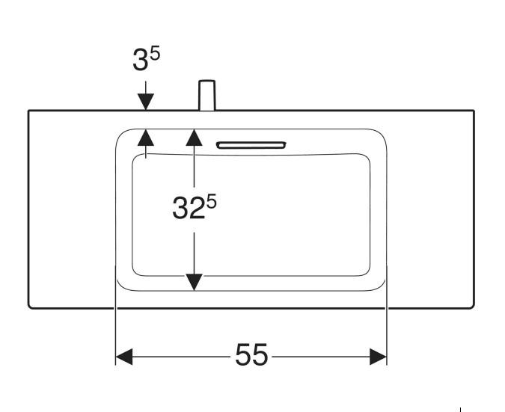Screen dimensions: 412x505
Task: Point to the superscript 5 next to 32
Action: point(211,200)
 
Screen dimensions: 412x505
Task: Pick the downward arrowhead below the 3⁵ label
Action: point(145,103)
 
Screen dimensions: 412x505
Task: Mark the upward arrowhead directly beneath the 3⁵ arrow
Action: point(145,136)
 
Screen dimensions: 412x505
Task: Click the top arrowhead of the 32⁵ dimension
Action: point(195,136)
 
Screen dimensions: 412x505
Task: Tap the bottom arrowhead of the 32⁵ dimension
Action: point(195,281)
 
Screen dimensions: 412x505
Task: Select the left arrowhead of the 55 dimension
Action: point(124,357)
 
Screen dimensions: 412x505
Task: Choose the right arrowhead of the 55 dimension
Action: point(378,357)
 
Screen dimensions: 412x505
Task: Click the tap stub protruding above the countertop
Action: point(206,96)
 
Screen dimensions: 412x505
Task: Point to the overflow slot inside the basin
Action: point(251,144)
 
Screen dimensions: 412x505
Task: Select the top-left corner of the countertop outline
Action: point(29,111)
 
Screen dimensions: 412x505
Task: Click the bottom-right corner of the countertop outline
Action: point(473,307)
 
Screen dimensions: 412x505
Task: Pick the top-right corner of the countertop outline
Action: point(474,111)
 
